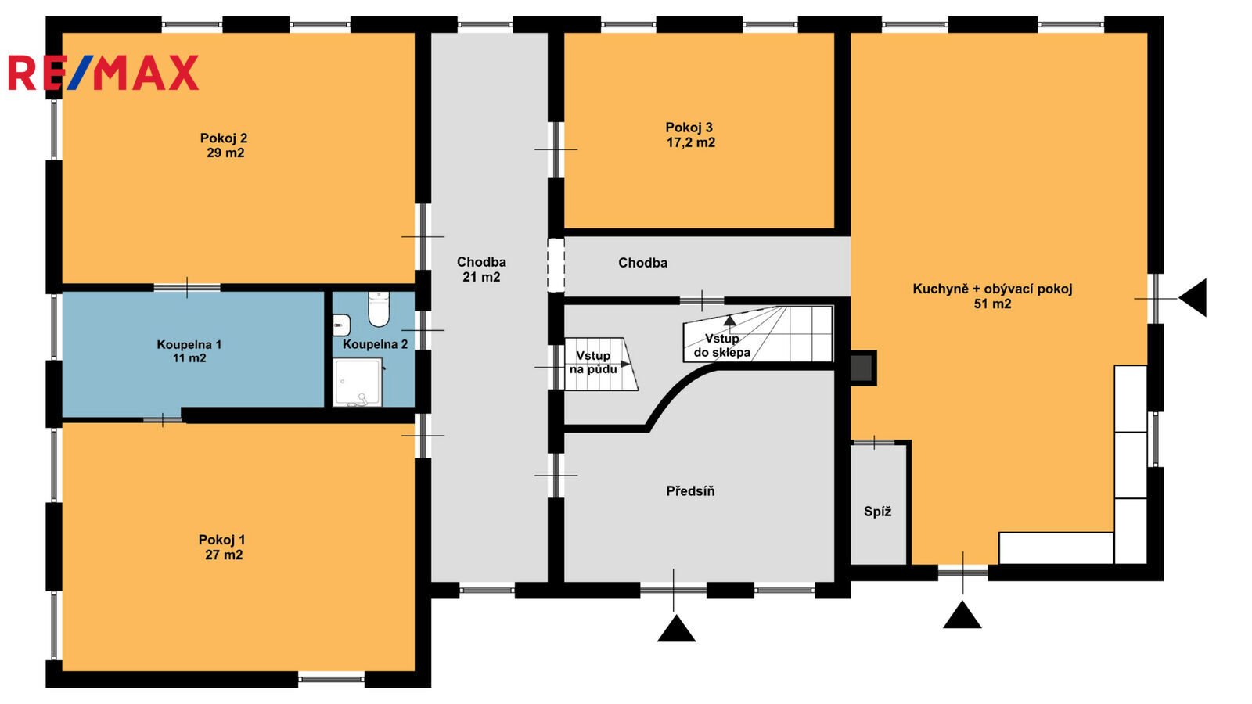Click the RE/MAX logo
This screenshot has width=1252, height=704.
coord(103,73)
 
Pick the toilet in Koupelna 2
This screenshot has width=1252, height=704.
coord(379,309)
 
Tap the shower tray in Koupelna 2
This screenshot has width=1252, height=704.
coord(358,383)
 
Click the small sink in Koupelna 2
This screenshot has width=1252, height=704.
coord(341,325)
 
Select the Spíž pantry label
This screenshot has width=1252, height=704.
coord(877,512)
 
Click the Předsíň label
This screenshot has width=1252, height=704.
coord(690,491)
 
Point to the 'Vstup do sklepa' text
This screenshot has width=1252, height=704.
coord(722,346)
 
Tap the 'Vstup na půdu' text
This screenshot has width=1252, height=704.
coord(594,363)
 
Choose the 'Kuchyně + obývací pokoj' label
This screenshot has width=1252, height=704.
coord(993,289)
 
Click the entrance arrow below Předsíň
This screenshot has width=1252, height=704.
coord(676,628)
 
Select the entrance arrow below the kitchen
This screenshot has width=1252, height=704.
coord(962,615)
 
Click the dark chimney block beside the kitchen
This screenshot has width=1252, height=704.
coord(862,368)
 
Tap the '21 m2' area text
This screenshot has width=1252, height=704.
coord(481,277)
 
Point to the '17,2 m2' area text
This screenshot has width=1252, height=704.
coord(691,143)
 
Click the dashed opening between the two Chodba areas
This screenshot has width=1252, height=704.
coord(556,265)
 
